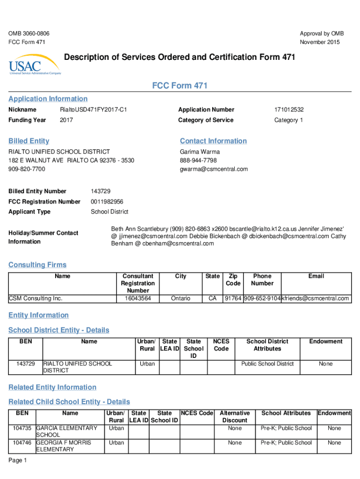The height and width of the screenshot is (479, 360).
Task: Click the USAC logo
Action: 34,65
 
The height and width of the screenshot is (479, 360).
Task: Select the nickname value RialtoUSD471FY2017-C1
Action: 94,109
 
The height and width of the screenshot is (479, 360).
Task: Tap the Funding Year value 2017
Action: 66,120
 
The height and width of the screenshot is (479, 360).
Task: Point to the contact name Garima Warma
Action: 200,152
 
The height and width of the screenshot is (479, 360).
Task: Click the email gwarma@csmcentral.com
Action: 214,169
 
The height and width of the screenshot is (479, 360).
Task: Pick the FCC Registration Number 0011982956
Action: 107,202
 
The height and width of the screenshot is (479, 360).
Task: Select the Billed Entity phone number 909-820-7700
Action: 27,169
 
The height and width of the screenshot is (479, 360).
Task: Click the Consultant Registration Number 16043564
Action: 137,298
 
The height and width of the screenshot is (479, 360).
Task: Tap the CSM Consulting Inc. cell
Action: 36,298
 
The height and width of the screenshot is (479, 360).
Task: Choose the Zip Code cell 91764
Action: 233,298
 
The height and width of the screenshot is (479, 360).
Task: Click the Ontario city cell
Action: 180,298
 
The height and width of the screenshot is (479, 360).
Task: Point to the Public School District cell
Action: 267,363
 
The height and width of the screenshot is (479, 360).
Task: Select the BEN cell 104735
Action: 22,428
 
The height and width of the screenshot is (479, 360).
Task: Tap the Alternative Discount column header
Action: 235,416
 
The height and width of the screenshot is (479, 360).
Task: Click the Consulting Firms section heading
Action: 37,265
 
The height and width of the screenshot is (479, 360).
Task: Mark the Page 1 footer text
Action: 18,460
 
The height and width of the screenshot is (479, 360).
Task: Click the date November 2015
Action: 320,42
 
